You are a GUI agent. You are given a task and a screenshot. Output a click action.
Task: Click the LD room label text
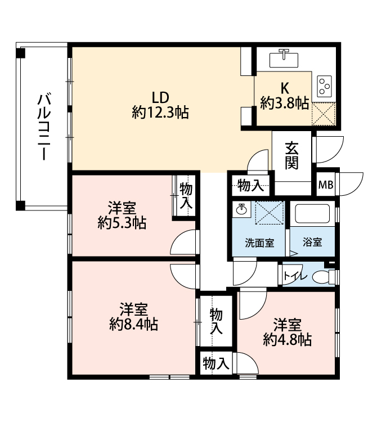click(160, 97)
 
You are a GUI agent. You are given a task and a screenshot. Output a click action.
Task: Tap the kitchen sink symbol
click(284, 59)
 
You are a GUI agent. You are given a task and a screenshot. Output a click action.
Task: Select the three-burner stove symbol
click(324, 86)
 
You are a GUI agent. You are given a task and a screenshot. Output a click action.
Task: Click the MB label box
click(326, 185)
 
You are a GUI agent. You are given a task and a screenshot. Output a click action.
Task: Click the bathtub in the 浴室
click(312, 214)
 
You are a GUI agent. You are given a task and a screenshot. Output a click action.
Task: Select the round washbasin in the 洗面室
click(241, 208)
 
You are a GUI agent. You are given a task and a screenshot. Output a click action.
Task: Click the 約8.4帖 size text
click(133, 324)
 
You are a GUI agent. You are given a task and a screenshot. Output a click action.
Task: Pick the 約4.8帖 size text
click(287, 340)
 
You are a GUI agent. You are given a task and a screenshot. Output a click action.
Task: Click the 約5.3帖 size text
click(122, 223)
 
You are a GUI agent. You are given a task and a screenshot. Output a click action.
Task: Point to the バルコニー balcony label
click(44, 127)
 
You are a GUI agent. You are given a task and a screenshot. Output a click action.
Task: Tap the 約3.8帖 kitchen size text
click(284, 103)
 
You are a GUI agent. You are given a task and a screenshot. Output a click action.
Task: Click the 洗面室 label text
click(259, 243)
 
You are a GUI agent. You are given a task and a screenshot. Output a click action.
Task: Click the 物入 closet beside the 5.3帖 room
click(186, 195)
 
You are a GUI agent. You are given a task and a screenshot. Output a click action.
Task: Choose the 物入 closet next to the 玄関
click(251, 186)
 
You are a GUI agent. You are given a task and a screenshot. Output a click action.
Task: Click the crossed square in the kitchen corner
click(324, 114)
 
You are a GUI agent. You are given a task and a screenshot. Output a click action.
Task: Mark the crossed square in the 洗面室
click(270, 213)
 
